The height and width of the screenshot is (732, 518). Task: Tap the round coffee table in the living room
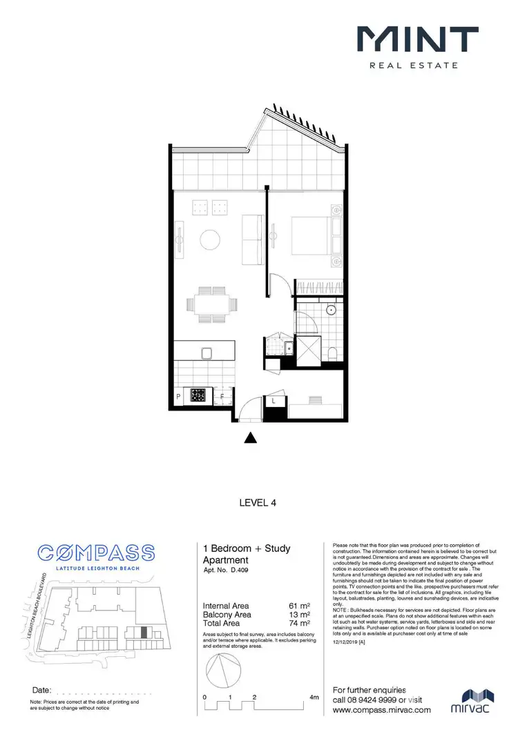[210, 240]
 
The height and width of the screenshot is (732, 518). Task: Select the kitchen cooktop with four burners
[199, 395]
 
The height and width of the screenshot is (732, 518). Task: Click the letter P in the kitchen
[178, 397]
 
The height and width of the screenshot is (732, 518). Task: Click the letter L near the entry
[274, 399]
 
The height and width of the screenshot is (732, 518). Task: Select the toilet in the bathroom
[334, 354]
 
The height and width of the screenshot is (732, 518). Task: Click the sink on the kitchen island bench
[205, 353]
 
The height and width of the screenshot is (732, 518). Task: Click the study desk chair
[315, 400]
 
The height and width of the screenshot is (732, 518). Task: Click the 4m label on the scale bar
[314, 698]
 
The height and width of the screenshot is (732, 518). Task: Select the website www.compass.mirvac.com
[382, 709]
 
